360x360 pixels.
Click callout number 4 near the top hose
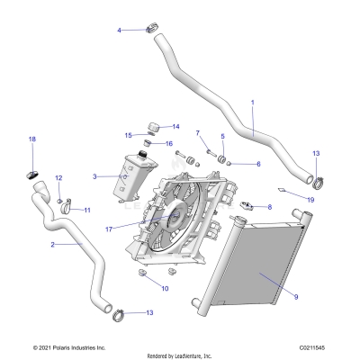[119, 31]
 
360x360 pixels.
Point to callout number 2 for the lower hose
[53, 244]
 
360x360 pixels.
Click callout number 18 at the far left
[32, 139]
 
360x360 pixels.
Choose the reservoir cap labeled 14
[151, 125]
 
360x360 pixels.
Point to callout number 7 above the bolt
[197, 133]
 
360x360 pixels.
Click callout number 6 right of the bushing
[257, 165]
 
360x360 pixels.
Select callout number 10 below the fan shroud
[164, 288]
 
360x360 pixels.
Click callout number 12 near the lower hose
[58, 178]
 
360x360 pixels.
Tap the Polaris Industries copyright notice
[69, 346]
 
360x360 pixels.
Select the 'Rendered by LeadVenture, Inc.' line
[180, 355]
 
